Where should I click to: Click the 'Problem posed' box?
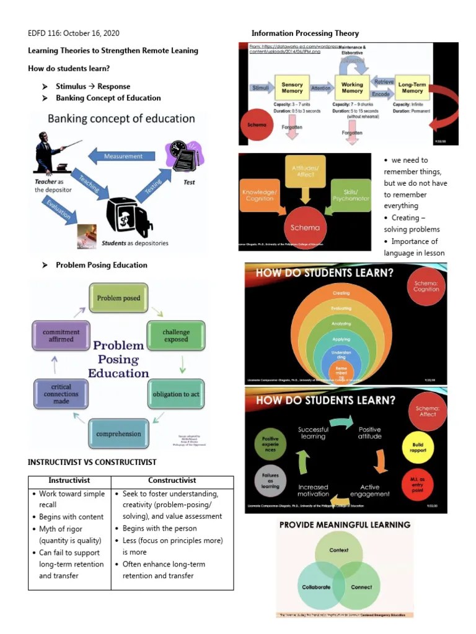click(x=118, y=298)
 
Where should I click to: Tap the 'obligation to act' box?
click(x=175, y=394)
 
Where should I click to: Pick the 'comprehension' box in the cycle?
click(x=118, y=433)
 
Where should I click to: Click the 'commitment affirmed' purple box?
click(x=61, y=336)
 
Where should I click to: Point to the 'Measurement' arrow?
click(x=123, y=157)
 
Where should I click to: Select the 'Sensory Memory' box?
click(x=292, y=88)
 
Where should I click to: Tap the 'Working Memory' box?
click(x=352, y=88)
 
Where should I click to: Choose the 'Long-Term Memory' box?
click(x=412, y=88)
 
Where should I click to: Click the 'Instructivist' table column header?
click(x=69, y=480)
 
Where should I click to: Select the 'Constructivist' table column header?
click(x=172, y=480)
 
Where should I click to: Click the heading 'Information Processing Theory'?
click(x=305, y=33)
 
